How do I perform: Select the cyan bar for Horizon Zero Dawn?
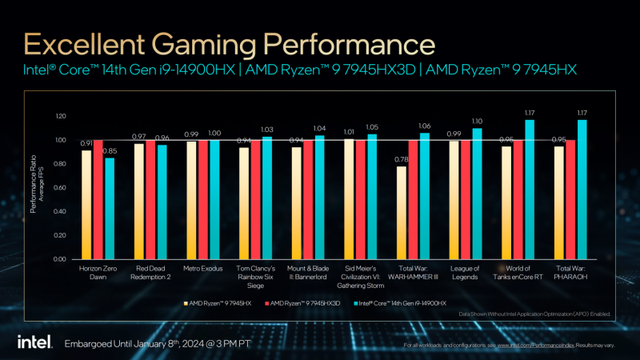pyautogui.click(x=110, y=209)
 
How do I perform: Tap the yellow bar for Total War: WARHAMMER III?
pyautogui.click(x=401, y=213)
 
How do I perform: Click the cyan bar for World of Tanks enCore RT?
pyautogui.click(x=528, y=190)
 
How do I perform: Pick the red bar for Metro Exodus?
pyautogui.click(x=202, y=200)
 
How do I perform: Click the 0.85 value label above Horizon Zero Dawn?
pyautogui.click(x=110, y=151)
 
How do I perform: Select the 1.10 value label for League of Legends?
pyautogui.click(x=477, y=121)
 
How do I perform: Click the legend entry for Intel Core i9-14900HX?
pyautogui.click(x=407, y=302)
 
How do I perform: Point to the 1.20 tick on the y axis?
pyautogui.click(x=61, y=116)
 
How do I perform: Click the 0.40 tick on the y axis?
pyautogui.click(x=61, y=212)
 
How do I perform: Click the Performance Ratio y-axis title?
pyautogui.click(x=36, y=188)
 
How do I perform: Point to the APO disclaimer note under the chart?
pyautogui.click(x=534, y=314)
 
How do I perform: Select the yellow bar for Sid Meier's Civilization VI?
pyautogui.click(x=349, y=199)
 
